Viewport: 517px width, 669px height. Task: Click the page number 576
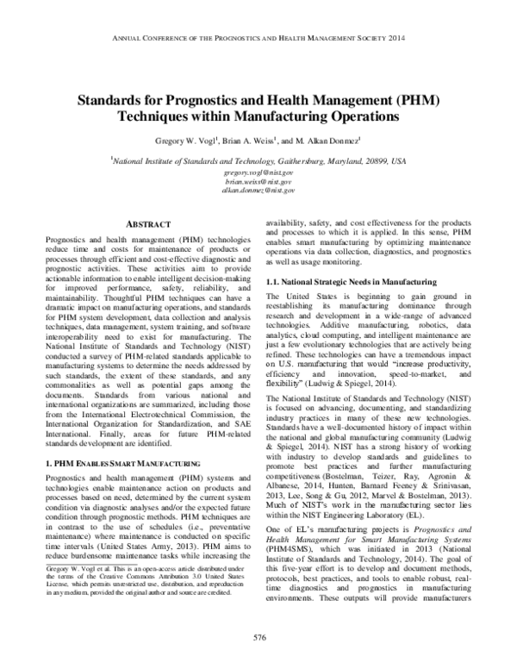pos(258,638)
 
